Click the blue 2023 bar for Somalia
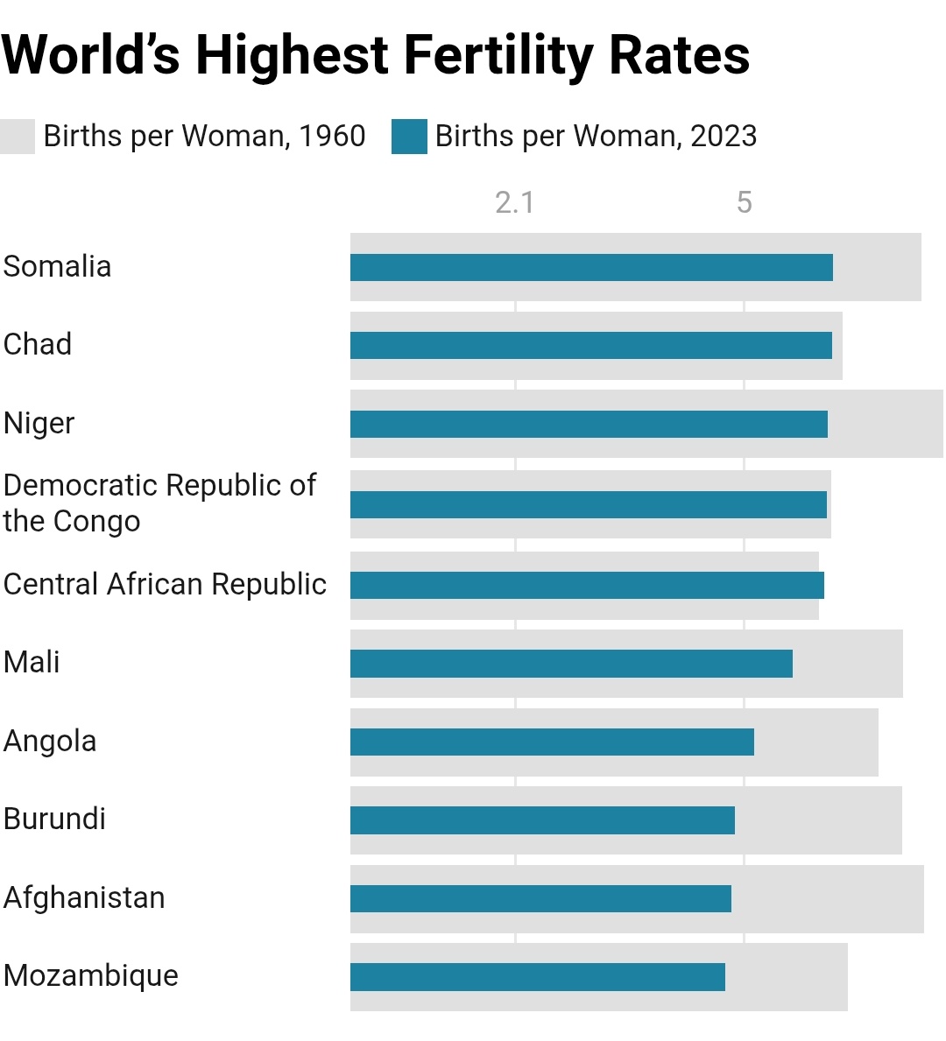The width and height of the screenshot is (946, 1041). tap(591, 268)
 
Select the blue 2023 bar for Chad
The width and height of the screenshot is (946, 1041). tap(591, 346)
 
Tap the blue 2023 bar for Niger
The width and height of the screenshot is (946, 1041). tap(589, 425)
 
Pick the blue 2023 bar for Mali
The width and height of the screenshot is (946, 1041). tap(571, 664)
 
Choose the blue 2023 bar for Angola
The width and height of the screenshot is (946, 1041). tap(552, 742)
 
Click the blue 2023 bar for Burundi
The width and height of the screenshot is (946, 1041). tap(542, 820)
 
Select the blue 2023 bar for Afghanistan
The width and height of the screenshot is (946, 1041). tap(540, 899)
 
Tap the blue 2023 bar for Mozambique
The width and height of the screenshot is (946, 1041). tap(538, 977)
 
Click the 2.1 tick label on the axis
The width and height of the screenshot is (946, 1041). tap(514, 203)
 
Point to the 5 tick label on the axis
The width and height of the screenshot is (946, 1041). tap(744, 203)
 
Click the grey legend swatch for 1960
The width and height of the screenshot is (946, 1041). tap(18, 137)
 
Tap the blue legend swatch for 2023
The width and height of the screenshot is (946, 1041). tap(409, 137)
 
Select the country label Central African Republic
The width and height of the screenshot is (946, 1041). tap(165, 584)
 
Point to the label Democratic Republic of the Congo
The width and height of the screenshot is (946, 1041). tap(159, 503)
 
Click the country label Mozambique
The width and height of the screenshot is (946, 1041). tap(91, 975)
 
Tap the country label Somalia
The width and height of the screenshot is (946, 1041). tap(58, 266)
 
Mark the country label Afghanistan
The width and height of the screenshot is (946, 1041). tap(84, 897)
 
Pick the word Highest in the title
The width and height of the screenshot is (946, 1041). tap(292, 55)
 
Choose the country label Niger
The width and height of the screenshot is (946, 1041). tap(39, 423)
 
